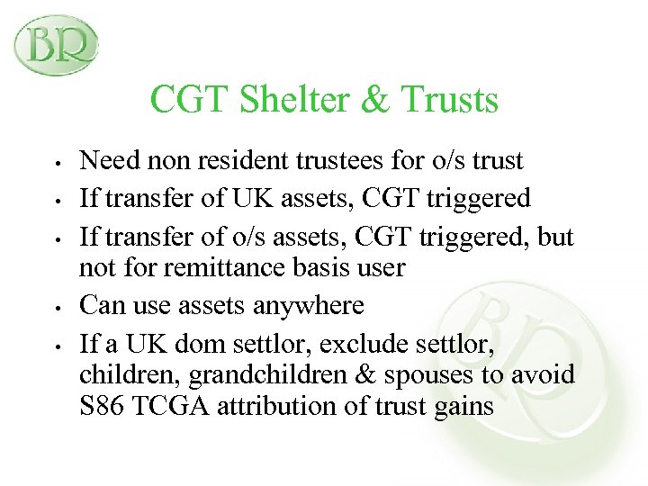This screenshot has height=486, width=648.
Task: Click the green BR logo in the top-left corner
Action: (55, 44)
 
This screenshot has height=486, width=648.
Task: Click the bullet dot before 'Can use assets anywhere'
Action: (57, 308)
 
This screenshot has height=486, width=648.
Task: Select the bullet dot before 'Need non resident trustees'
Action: (57, 164)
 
